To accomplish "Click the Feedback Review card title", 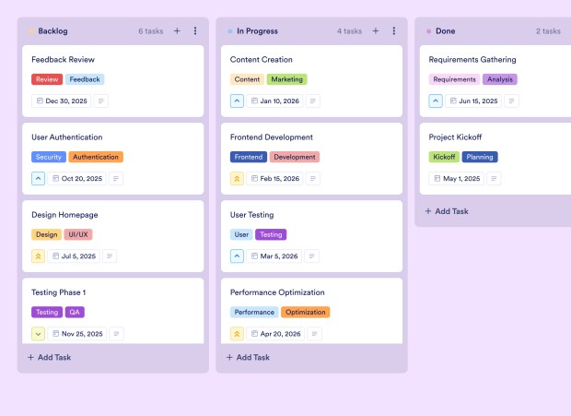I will tap(63, 60).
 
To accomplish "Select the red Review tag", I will tap(47, 79).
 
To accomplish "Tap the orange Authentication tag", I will tap(96, 157).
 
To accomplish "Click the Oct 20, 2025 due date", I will tap(81, 179).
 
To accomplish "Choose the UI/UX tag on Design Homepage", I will tap(78, 234).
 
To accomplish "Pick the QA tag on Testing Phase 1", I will tap(75, 312).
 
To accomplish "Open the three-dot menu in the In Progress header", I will tap(394, 31).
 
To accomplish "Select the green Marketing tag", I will tap(287, 79).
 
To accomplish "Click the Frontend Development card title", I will tap(272, 137).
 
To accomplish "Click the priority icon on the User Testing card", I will tap(237, 256).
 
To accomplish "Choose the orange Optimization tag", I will tap(305, 312).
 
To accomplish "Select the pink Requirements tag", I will tap(454, 79).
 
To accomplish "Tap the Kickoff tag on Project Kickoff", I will tap(444, 157).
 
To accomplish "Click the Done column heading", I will tap(445, 31).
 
